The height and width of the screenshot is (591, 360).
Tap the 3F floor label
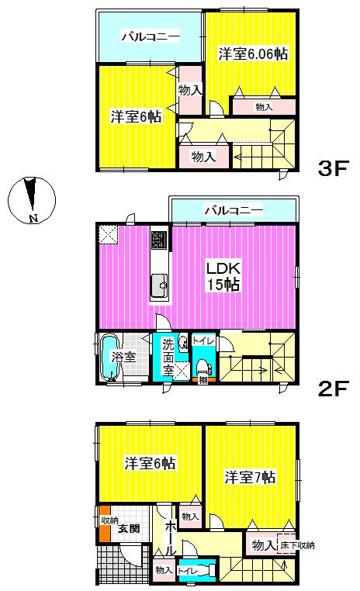[335, 169]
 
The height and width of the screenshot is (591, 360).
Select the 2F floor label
[335, 388]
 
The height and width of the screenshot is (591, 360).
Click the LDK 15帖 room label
[223, 276]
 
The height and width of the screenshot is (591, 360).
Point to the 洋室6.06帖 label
[253, 54]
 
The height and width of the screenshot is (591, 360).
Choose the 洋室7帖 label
[251, 477]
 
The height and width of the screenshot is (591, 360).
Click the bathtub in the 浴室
[108, 358]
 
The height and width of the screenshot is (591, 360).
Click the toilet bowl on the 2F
[203, 365]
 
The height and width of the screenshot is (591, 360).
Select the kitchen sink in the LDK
[160, 286]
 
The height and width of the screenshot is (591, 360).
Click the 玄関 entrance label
[129, 530]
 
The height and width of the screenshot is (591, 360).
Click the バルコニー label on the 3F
[150, 36]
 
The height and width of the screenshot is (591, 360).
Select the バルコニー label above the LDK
[233, 209]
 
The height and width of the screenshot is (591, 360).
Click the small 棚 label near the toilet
[203, 380]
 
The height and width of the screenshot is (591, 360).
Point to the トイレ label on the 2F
[203, 340]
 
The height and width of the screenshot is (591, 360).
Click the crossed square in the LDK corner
[108, 233]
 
